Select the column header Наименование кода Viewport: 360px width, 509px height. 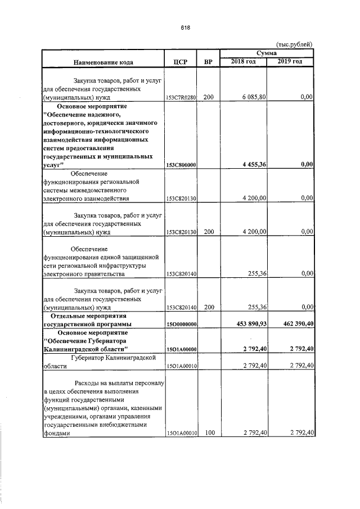[102, 62]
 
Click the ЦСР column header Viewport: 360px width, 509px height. [181, 62]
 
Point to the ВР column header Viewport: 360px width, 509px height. [208, 62]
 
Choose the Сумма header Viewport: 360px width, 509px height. [267, 52]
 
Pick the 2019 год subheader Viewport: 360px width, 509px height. [290, 61]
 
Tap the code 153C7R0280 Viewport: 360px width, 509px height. [181, 98]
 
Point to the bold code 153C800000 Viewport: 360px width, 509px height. [181, 165]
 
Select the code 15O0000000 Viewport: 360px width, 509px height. [181, 325]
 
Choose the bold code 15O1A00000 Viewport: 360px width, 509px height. [181, 350]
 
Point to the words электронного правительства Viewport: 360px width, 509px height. [84, 274]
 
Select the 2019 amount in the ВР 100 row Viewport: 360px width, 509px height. [297, 433]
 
